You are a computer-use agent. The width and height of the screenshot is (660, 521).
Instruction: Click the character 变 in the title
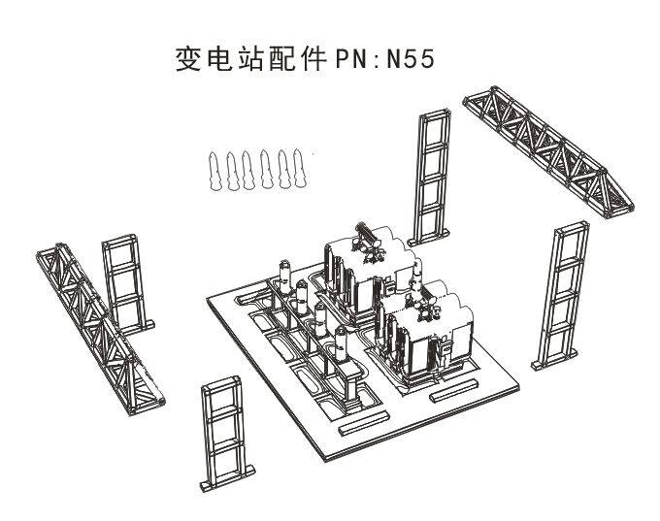coord(188,59)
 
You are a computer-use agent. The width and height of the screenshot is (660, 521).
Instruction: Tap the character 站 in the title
coord(249,59)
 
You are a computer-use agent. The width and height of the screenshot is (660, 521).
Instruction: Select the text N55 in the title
coord(410,59)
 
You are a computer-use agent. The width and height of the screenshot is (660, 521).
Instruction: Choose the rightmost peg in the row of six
coord(299,168)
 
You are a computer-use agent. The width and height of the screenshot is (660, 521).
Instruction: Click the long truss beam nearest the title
coord(548,151)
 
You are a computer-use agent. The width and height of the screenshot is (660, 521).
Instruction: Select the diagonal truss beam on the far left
coord(100,328)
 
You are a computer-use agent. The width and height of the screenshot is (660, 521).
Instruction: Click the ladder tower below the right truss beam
coord(560,296)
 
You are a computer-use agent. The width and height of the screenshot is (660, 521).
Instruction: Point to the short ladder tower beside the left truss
coord(127,284)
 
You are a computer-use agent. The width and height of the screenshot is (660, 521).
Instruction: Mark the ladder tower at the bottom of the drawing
coord(226,434)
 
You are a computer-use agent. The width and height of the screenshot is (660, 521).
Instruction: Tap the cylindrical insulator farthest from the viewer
coord(285,277)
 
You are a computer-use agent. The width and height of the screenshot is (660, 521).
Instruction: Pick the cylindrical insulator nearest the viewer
coord(341,345)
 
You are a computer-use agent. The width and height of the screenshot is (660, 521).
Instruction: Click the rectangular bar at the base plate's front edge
coord(364,423)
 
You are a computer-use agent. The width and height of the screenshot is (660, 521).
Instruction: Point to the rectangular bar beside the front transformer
coord(454,390)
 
